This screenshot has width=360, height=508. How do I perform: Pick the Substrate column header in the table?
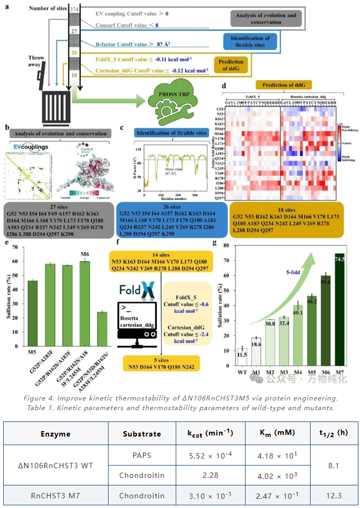(141, 433)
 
